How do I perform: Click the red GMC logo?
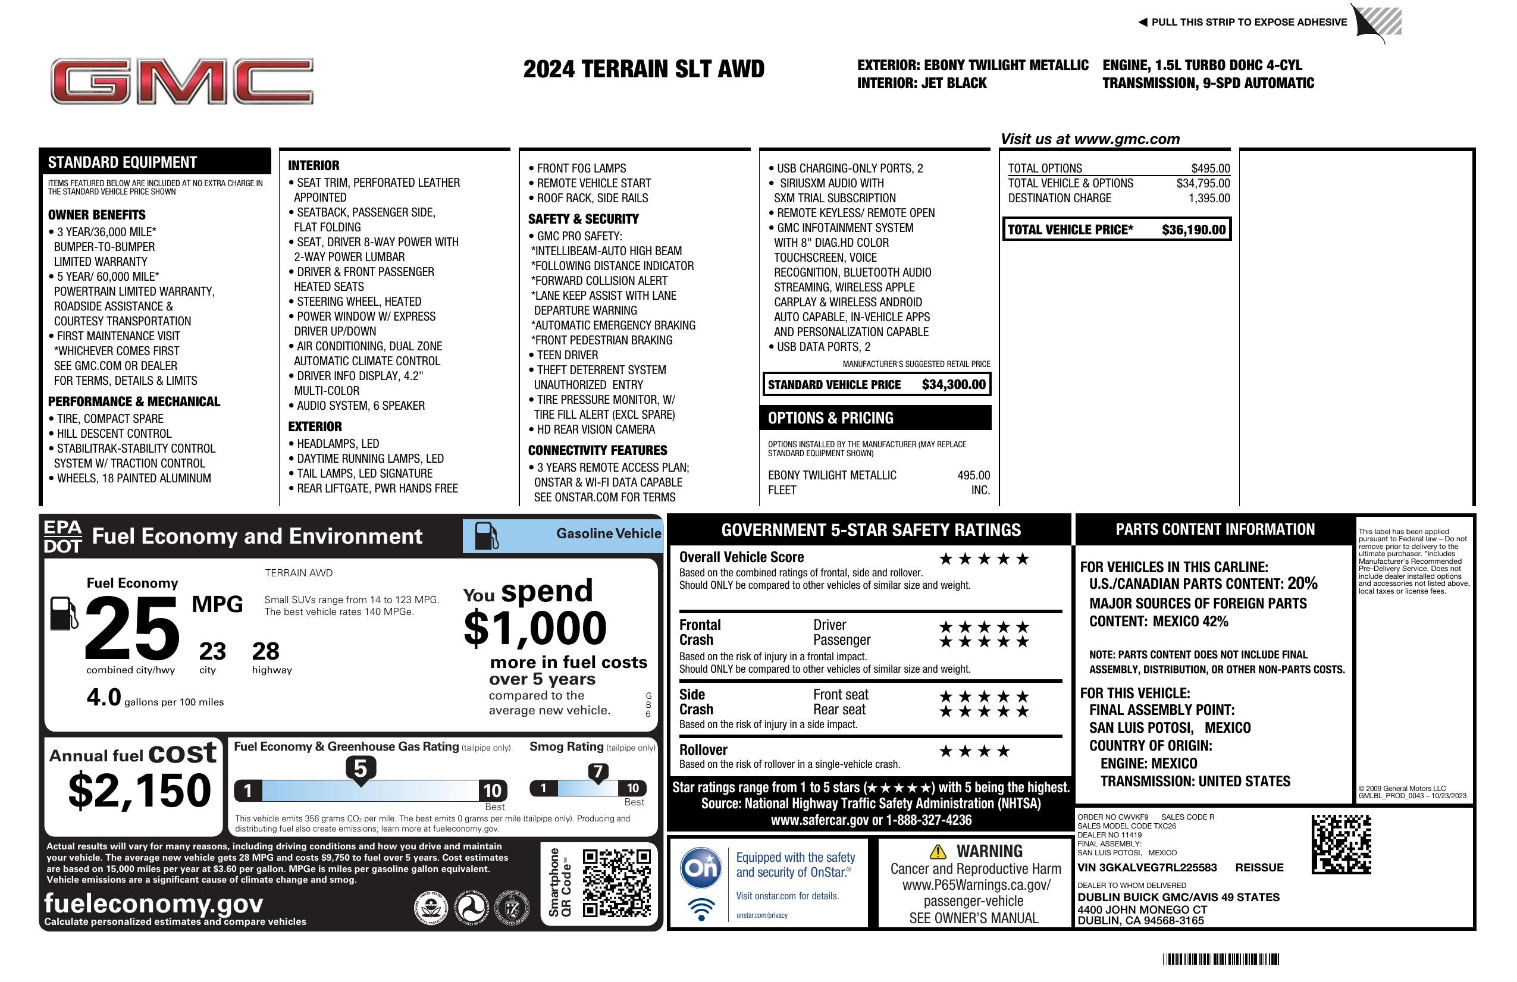coord(181,81)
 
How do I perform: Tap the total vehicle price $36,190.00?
coord(1193,230)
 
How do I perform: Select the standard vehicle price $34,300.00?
coord(954,384)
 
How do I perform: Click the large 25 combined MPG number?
coord(132,628)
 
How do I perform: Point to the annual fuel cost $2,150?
coord(139,790)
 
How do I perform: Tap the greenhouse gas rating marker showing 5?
coord(360,769)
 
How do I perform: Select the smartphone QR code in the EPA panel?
coord(616,883)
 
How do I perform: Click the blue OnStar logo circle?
coord(701,867)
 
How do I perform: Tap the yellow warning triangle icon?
coord(938,851)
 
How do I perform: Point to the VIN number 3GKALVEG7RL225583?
coord(1147,867)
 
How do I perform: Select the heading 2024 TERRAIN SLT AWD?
coord(644,69)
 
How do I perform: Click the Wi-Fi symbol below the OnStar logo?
coord(701,908)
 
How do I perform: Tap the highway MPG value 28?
coord(265,651)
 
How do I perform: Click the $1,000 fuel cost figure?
coord(535,628)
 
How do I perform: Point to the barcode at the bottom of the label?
coord(1221,959)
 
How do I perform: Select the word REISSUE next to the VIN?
coord(1259,867)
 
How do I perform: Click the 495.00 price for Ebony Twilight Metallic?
coord(973,475)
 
